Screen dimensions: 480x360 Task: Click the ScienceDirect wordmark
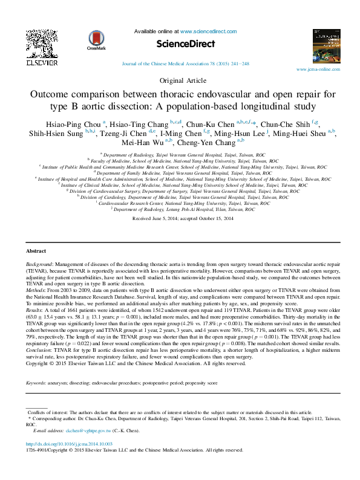180,44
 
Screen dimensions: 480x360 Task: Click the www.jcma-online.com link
322,70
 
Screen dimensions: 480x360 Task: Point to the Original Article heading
180,80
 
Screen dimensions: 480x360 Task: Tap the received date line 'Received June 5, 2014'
180,235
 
